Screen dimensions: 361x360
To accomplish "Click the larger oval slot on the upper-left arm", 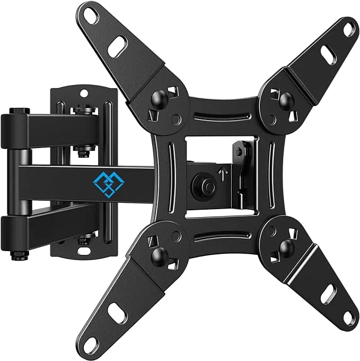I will tap(117, 48).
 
